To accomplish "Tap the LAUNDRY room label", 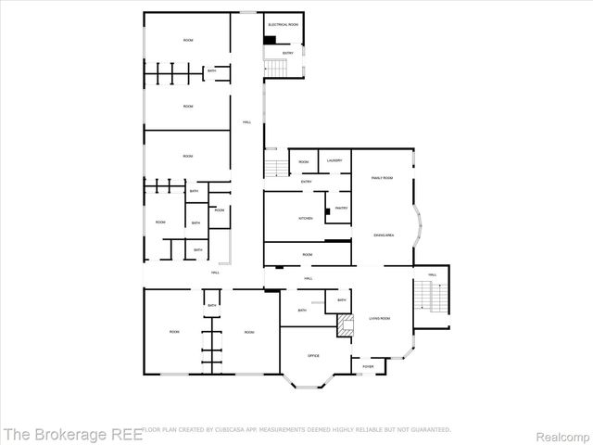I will pos(335,161).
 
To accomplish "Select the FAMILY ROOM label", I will pos(382,177).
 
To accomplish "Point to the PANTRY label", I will pos(341,208).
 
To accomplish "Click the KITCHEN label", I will pos(305,218).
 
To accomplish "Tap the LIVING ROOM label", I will pos(379,318).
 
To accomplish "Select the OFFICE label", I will pos(313,356).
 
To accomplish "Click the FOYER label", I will pos(368,367).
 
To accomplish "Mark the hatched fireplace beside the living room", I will pos(345,324).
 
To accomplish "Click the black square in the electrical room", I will pos(270,40).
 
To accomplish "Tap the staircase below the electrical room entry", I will pos(278,69).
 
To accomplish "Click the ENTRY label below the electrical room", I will pos(287,53).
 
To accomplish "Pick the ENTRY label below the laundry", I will pos(306,182).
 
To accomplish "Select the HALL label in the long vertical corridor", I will pos(246,122).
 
